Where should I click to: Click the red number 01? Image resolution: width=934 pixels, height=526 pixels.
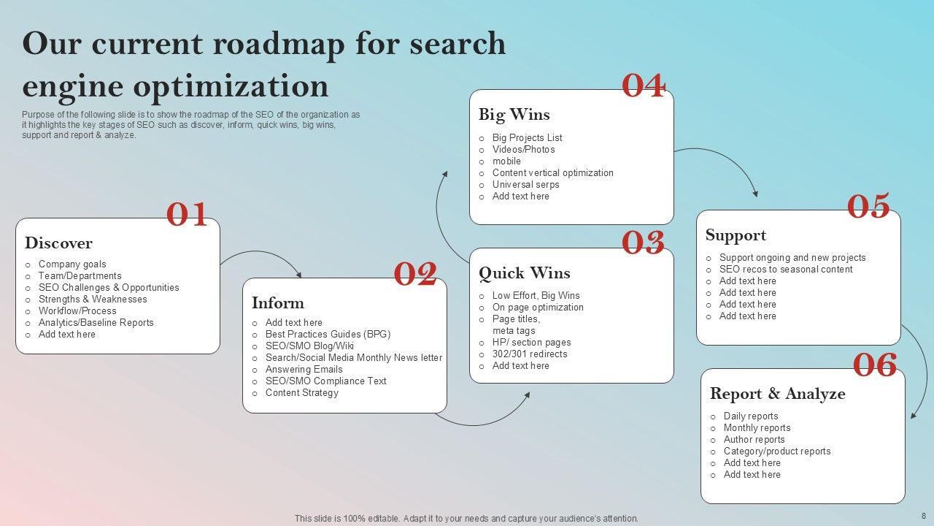(x=188, y=215)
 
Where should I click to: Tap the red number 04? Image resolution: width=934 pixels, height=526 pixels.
(x=643, y=86)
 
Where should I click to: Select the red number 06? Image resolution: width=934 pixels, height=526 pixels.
(x=875, y=365)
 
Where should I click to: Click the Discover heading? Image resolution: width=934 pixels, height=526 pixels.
(x=58, y=243)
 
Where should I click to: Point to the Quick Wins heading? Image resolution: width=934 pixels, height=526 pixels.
(x=524, y=273)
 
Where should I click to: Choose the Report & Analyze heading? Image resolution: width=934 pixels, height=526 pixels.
(x=777, y=394)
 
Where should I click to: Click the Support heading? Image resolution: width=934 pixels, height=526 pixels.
(x=736, y=235)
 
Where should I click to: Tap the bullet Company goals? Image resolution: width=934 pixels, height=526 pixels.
(x=72, y=264)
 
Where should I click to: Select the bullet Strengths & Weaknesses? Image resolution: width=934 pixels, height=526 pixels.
(x=93, y=300)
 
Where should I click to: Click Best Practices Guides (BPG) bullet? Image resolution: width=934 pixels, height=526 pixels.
(x=328, y=335)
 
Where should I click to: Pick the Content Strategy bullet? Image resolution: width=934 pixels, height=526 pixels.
(x=302, y=393)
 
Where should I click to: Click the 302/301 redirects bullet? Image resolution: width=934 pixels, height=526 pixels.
(x=530, y=354)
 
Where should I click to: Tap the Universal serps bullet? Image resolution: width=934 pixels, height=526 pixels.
(x=525, y=185)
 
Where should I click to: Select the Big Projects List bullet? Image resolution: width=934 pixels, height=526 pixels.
(x=527, y=138)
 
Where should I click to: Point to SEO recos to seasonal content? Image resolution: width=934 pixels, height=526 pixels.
(x=786, y=270)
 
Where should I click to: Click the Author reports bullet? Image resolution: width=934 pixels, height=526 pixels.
(x=754, y=440)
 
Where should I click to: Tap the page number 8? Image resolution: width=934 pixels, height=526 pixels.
(x=924, y=516)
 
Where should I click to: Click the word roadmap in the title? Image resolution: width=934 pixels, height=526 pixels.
(x=278, y=44)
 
